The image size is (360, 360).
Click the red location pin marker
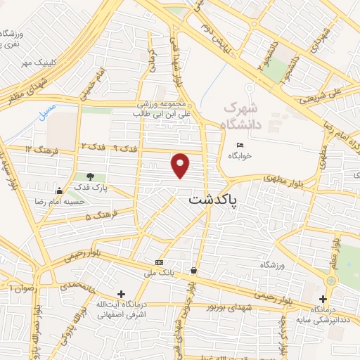181,166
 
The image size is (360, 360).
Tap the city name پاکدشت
213,200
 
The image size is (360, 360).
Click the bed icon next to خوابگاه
239,146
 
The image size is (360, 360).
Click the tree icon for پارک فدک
89,176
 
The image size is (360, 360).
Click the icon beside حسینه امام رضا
59,191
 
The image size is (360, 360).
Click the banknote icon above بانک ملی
159,262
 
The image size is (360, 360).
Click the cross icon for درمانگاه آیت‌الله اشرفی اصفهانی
122,294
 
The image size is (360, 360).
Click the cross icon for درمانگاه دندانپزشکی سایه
322,298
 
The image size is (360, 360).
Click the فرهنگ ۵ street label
98,216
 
